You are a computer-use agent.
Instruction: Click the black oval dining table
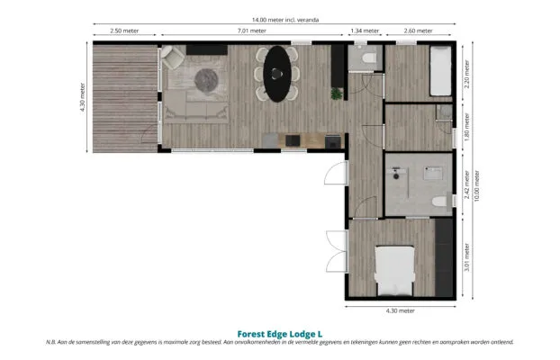click(x=277, y=74)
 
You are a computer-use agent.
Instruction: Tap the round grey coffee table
click(x=206, y=81)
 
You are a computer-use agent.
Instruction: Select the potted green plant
click(x=337, y=94)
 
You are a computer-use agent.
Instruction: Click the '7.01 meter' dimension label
click(x=252, y=31)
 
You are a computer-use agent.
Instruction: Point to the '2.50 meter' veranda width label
click(x=124, y=31)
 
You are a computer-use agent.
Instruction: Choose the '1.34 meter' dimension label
click(x=365, y=31)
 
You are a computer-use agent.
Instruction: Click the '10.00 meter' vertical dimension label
click(x=477, y=185)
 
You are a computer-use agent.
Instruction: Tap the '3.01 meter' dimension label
click(x=466, y=257)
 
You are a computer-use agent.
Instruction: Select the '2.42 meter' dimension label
click(x=466, y=184)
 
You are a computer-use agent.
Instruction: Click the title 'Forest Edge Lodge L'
click(x=280, y=334)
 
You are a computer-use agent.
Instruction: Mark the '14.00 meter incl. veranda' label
click(x=285, y=20)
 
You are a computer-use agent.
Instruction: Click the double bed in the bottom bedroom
click(x=394, y=271)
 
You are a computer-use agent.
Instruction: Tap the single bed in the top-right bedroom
click(x=440, y=71)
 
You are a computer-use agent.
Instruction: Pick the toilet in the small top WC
click(x=369, y=58)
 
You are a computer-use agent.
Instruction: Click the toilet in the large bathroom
click(x=439, y=202)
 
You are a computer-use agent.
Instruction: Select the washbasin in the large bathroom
click(x=433, y=173)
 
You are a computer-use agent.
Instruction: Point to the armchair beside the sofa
click(x=173, y=57)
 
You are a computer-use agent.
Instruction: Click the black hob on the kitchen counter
click(x=293, y=140)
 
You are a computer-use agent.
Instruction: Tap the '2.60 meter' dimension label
click(x=419, y=31)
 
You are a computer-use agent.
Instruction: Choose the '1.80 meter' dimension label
click(x=466, y=127)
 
